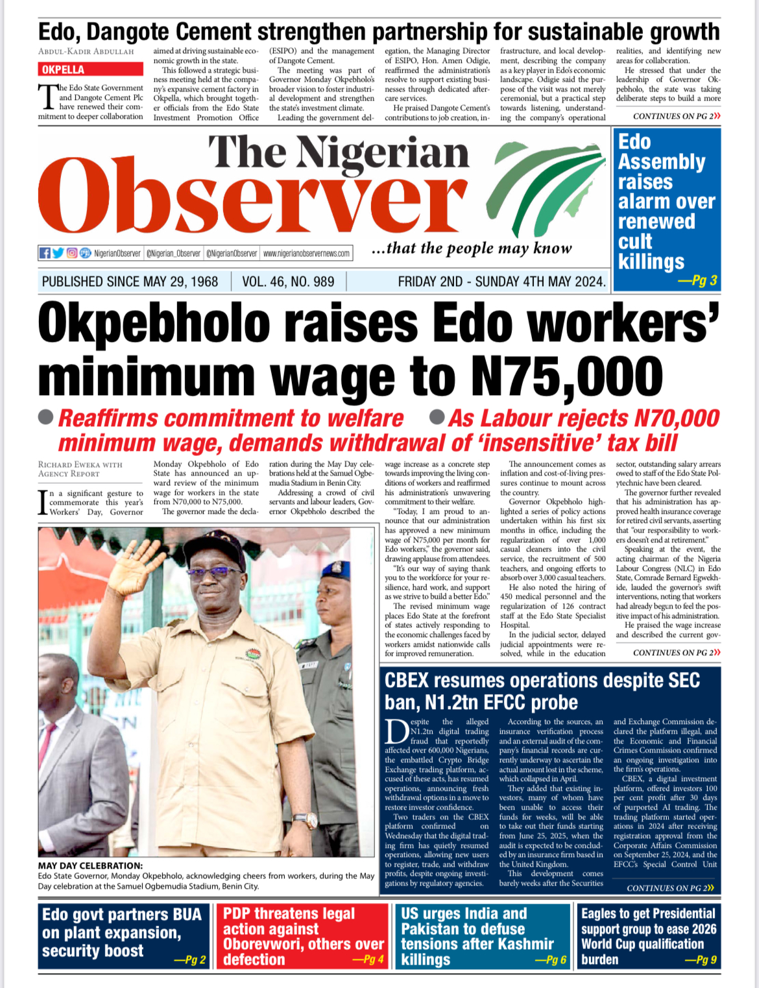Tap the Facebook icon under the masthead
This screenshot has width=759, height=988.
[45, 253]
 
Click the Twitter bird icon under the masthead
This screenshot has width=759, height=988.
[58, 253]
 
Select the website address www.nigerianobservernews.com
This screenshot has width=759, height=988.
[306, 254]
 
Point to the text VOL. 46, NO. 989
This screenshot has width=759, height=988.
[288, 282]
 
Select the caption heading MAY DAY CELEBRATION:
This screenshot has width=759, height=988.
[90, 865]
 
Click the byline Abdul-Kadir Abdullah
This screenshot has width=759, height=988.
[86, 51]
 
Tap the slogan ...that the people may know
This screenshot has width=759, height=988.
[472, 248]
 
